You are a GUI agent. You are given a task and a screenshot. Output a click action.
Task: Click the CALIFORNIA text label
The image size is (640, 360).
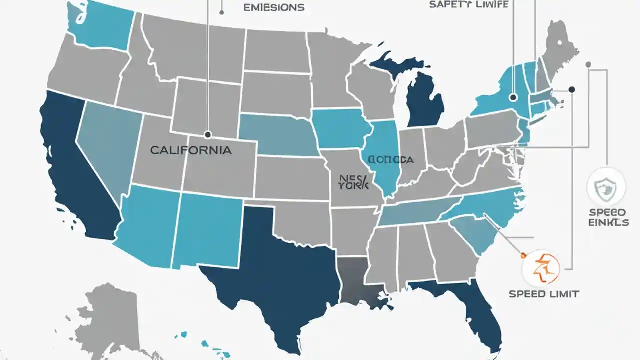pyautogui.click(x=190, y=150)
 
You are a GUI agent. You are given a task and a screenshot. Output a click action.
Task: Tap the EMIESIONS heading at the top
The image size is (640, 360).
pyautogui.click(x=273, y=8)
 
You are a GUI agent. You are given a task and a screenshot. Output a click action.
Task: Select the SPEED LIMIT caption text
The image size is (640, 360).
pyautogui.click(x=543, y=294)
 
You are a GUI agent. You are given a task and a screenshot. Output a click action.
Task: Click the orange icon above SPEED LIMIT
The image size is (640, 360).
pyautogui.click(x=540, y=267)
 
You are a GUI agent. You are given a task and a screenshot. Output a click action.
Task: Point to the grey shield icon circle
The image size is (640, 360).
pyautogui.click(x=605, y=187)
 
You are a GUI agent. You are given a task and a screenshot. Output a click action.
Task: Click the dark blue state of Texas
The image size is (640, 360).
pyautogui.click(x=270, y=270)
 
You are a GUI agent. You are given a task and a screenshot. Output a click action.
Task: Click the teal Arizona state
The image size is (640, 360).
pyautogui.click(x=147, y=222)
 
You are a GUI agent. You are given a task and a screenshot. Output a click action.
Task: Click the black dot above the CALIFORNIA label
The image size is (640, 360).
pyautogui.click(x=207, y=134)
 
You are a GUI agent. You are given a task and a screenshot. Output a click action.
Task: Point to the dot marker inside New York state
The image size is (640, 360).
pyautogui.click(x=512, y=98)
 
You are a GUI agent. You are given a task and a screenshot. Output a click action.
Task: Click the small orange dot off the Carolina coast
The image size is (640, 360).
pyautogui.click(x=523, y=255)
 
